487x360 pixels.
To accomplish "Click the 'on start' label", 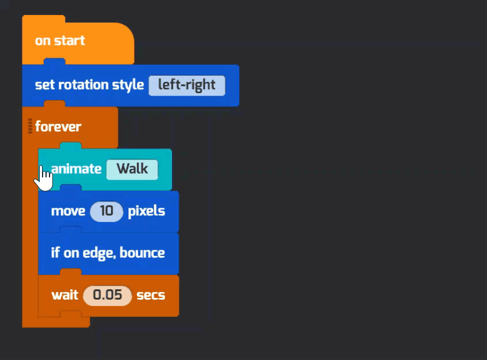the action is (60, 41).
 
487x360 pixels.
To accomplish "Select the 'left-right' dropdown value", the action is (187, 85).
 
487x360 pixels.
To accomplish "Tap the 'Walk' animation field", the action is (132, 170).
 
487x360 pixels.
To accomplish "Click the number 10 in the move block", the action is (106, 212).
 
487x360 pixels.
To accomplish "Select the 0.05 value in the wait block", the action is (108, 295).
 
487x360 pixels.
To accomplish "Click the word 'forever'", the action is (58, 127).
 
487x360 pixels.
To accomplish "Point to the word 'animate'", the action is (77, 169).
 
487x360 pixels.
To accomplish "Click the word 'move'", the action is (68, 212).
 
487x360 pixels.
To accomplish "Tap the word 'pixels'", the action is (147, 212).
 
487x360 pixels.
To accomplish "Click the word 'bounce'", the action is (142, 253).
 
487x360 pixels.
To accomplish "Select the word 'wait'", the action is (65, 295).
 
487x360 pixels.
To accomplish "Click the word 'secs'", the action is (151, 295).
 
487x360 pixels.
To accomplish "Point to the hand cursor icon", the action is (44, 178).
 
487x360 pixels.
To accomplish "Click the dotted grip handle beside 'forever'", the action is (30, 126).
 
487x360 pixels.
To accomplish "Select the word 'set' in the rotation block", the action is (45, 85).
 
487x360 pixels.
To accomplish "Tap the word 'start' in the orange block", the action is (69, 41).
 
